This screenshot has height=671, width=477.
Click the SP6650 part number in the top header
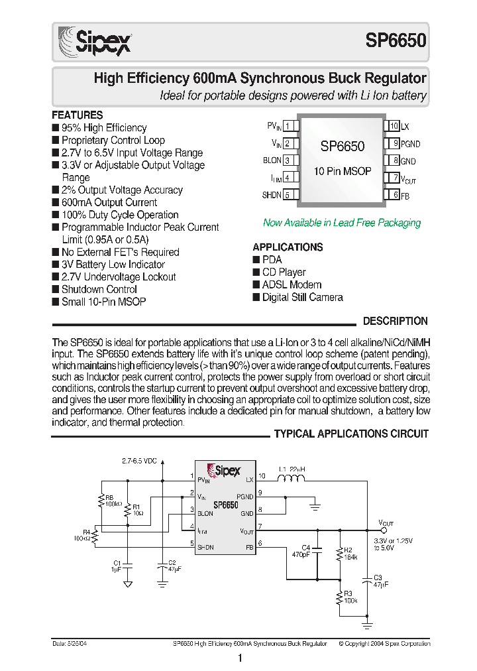pyautogui.click(x=396, y=40)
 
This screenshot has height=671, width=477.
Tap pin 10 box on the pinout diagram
pyautogui.click(x=394, y=126)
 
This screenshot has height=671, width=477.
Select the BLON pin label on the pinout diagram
pyautogui.click(x=272, y=160)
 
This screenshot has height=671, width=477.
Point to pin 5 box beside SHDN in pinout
pyautogui.click(x=288, y=195)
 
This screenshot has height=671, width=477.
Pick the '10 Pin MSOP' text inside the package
pyautogui.click(x=343, y=171)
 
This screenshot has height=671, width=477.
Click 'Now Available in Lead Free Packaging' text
pyautogui.click(x=342, y=223)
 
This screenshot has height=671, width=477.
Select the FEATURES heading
pyautogui.click(x=78, y=115)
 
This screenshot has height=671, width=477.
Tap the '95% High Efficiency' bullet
pyautogui.click(x=103, y=128)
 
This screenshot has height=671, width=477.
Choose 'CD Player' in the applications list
pyautogui.click(x=284, y=273)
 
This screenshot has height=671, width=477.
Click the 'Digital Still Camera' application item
pyautogui.click(x=302, y=298)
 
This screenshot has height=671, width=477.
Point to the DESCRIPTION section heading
pyautogui.click(x=395, y=322)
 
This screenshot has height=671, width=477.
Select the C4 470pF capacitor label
pyautogui.click(x=302, y=551)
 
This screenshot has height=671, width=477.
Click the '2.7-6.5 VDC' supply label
pyautogui.click(x=139, y=461)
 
